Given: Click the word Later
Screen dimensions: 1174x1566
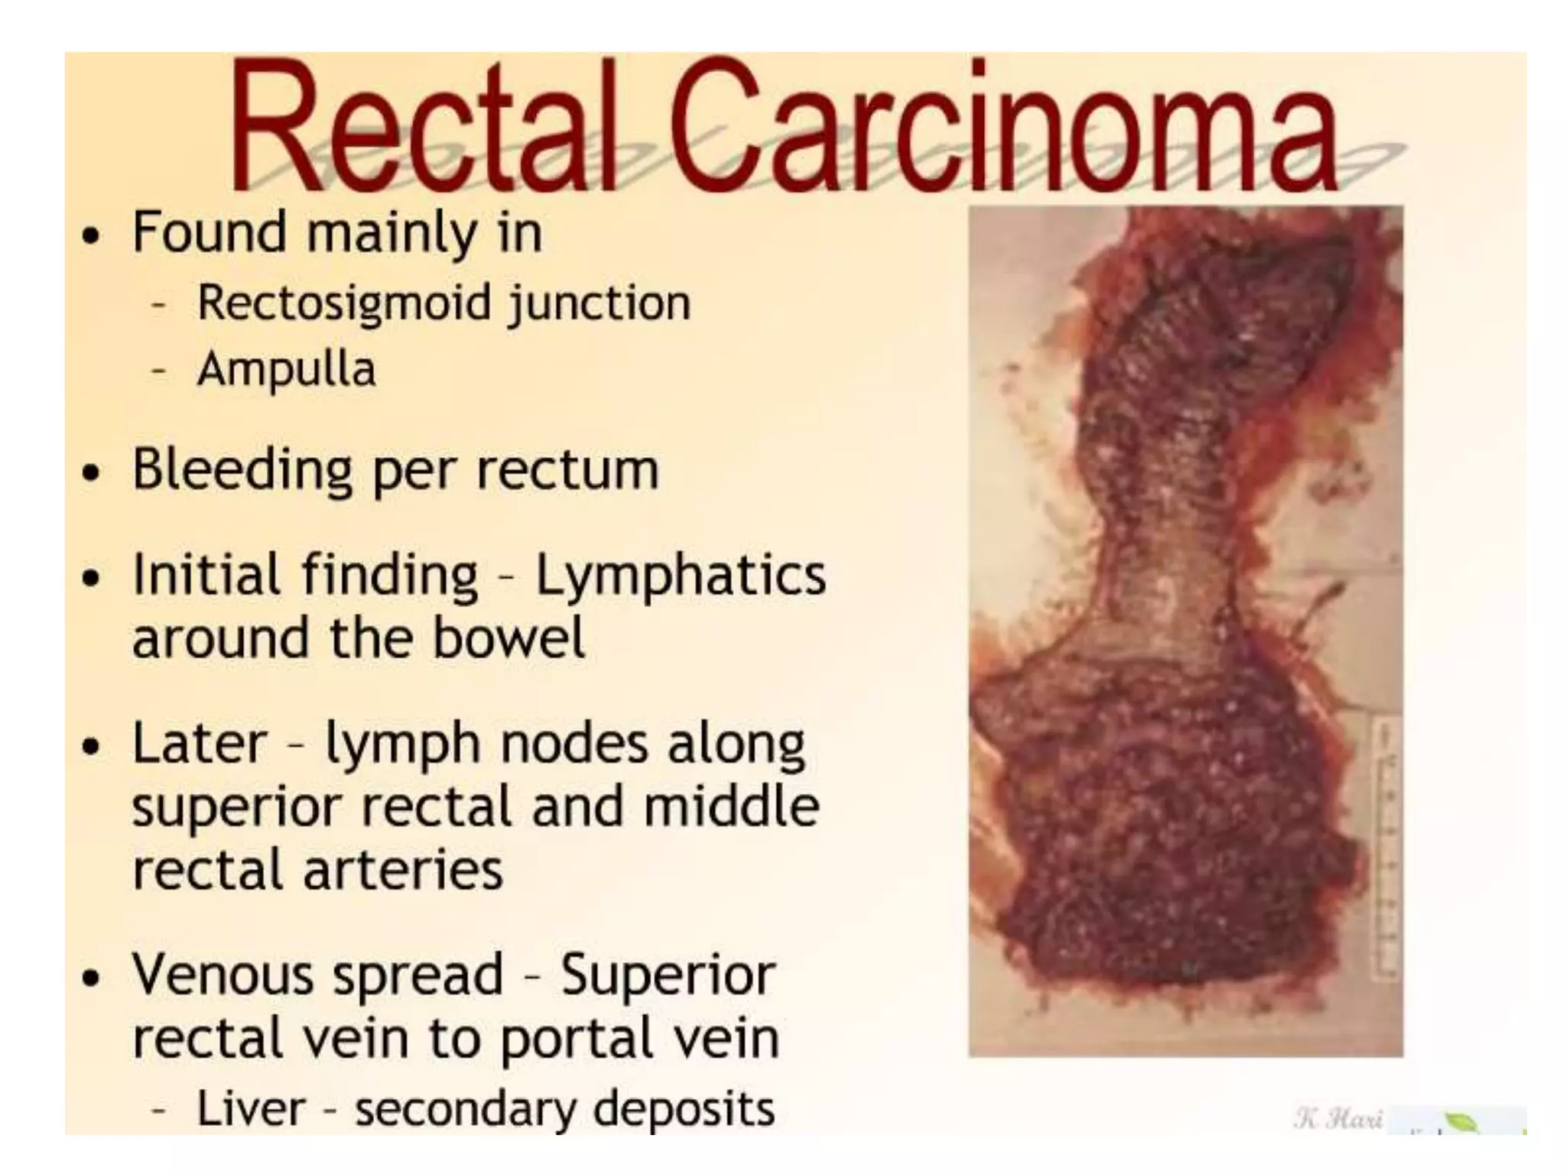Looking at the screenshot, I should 200,742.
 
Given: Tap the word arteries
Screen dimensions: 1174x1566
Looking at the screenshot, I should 404,870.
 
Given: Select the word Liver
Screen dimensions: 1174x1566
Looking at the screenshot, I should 251,1108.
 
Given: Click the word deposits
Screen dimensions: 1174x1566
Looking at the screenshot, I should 684,1110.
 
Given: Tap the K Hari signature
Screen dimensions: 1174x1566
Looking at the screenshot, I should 1338,1119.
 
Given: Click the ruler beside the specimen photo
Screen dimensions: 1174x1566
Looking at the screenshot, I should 1386,848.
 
